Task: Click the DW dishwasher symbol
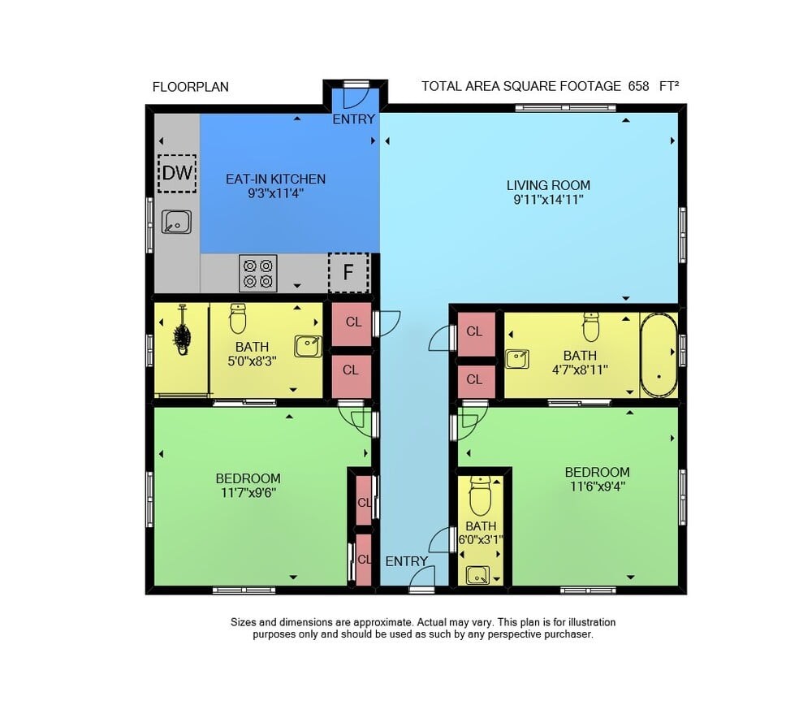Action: (x=177, y=174)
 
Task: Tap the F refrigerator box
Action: (x=348, y=272)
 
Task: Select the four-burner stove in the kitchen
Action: (x=258, y=273)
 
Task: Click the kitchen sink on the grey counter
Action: (x=176, y=222)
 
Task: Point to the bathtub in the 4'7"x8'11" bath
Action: (x=659, y=355)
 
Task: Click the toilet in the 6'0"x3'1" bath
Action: (x=480, y=495)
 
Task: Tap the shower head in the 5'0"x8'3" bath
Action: (x=182, y=331)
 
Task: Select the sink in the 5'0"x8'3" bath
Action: (x=308, y=346)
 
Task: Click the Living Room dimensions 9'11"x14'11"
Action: (x=548, y=200)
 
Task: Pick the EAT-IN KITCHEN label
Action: (x=275, y=179)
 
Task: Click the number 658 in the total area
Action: (x=638, y=86)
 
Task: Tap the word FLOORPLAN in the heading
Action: (x=191, y=87)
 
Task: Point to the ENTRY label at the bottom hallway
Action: (x=407, y=561)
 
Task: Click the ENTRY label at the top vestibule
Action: (x=354, y=119)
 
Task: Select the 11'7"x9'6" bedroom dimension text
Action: (x=248, y=492)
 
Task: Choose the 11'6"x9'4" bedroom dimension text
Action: (x=598, y=486)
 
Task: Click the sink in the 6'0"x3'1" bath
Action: (x=477, y=576)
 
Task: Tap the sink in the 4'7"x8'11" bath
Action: (x=516, y=359)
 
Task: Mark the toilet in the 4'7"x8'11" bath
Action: (x=591, y=327)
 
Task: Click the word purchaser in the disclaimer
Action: (x=568, y=634)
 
